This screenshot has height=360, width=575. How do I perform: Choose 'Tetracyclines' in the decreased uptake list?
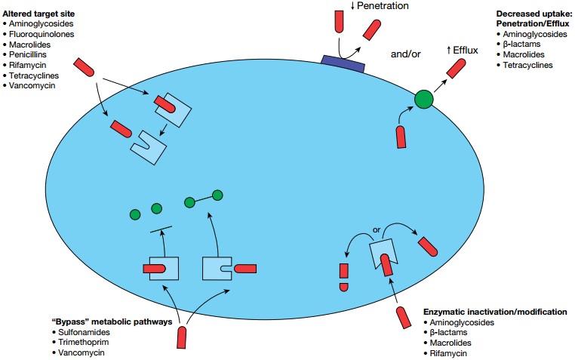pyautogui.click(x=525, y=66)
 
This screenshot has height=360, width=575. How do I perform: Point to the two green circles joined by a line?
pyautogui.click(x=203, y=199)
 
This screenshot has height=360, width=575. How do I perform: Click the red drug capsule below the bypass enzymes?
pyautogui.click(x=181, y=337)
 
